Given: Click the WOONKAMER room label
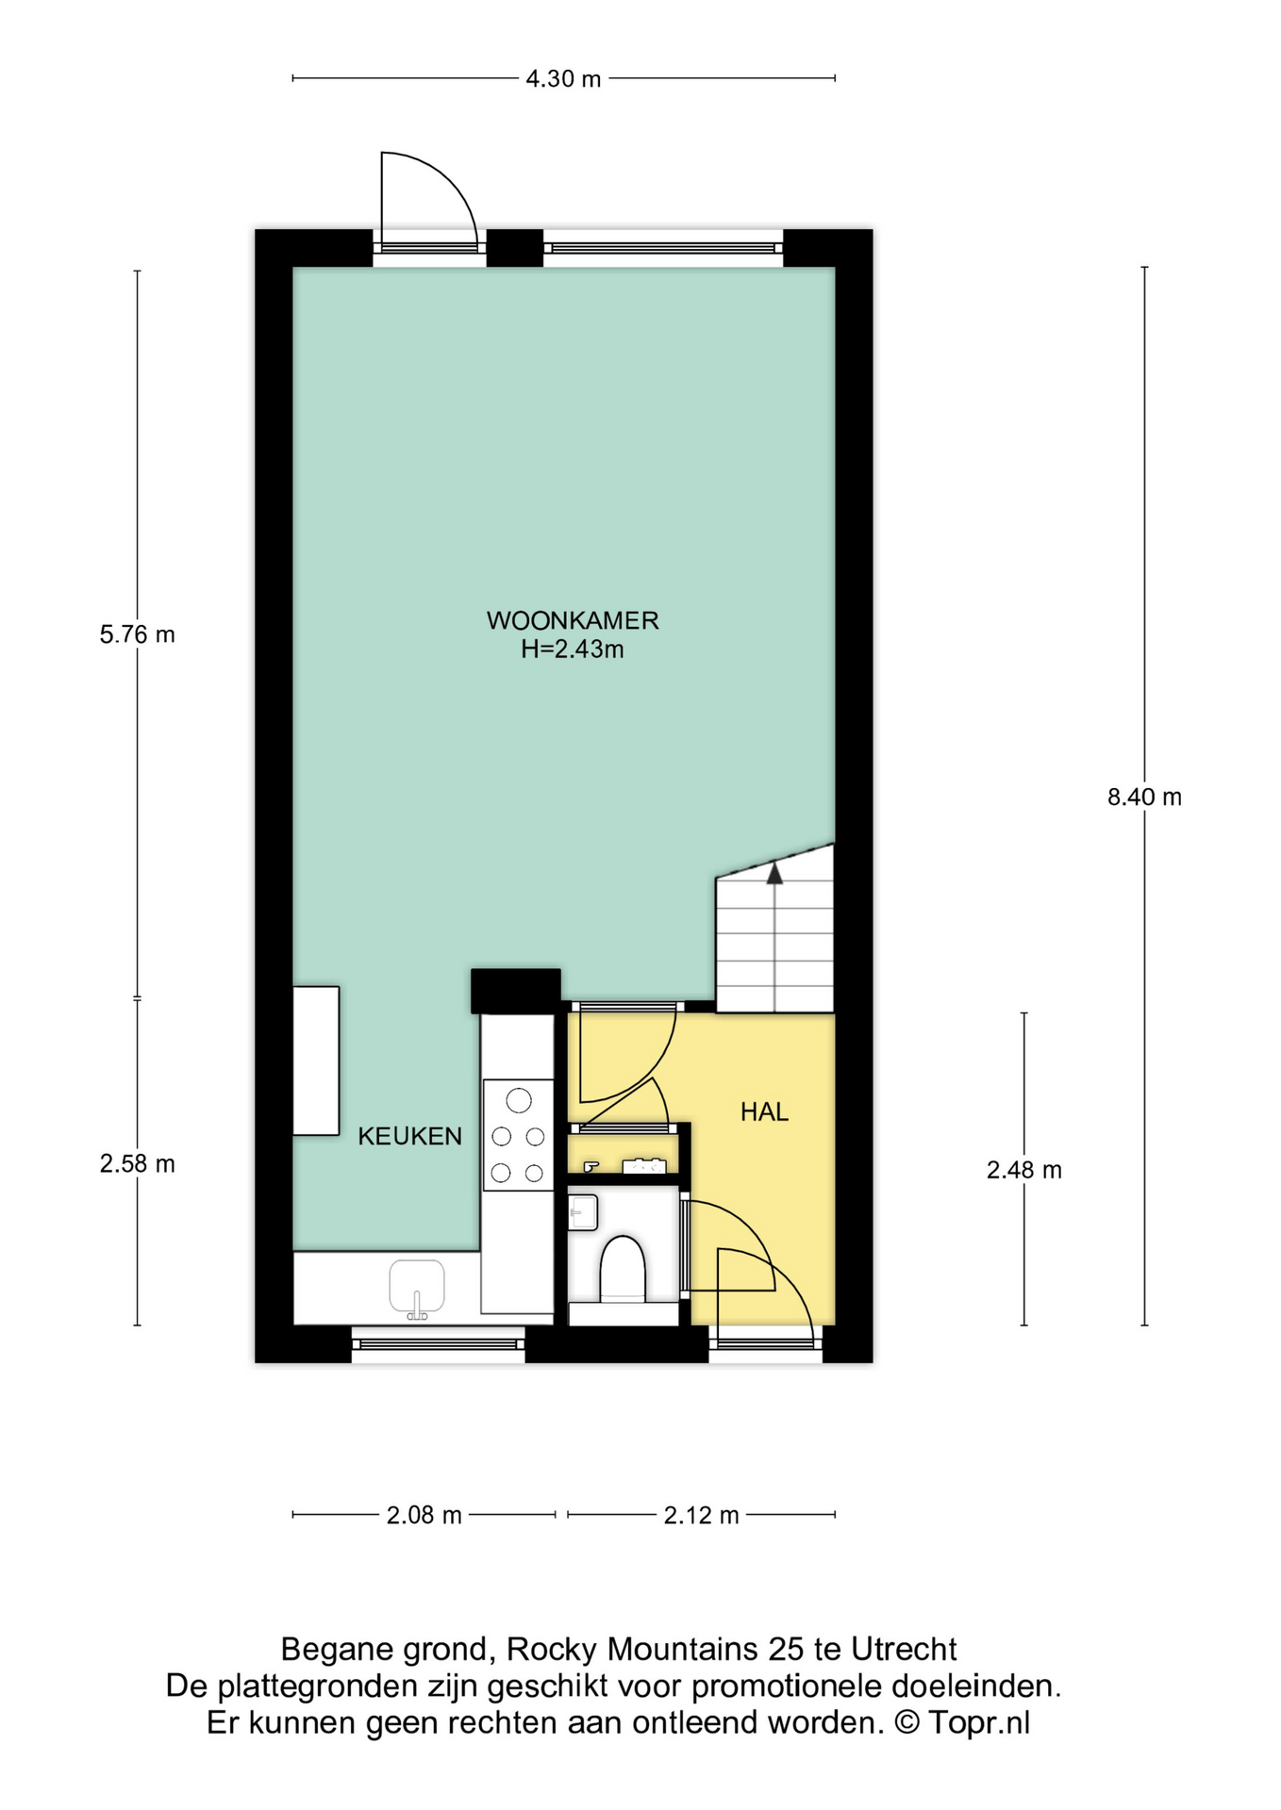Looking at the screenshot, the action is (573, 620).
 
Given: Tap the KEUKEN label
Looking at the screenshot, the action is (410, 1136).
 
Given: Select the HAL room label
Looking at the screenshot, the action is (764, 1112).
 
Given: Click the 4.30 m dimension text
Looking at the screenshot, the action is (563, 79).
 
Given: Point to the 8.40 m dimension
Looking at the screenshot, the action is (1144, 798).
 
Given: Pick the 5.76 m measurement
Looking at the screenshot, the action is (138, 634).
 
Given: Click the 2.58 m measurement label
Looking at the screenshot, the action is (138, 1164).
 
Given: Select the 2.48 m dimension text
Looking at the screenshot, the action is (1024, 1170).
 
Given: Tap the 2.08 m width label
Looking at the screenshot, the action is (424, 1515).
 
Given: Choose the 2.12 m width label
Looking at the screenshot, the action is (702, 1515).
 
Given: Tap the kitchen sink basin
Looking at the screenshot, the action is (417, 1288).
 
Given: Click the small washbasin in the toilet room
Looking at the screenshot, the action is (583, 1212).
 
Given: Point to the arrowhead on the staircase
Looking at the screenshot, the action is (774, 874).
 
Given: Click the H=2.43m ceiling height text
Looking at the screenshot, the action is (573, 650).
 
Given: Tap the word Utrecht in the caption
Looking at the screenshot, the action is (904, 1649).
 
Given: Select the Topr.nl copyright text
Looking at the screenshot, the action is (979, 1722).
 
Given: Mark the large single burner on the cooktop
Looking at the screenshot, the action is (518, 1100).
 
